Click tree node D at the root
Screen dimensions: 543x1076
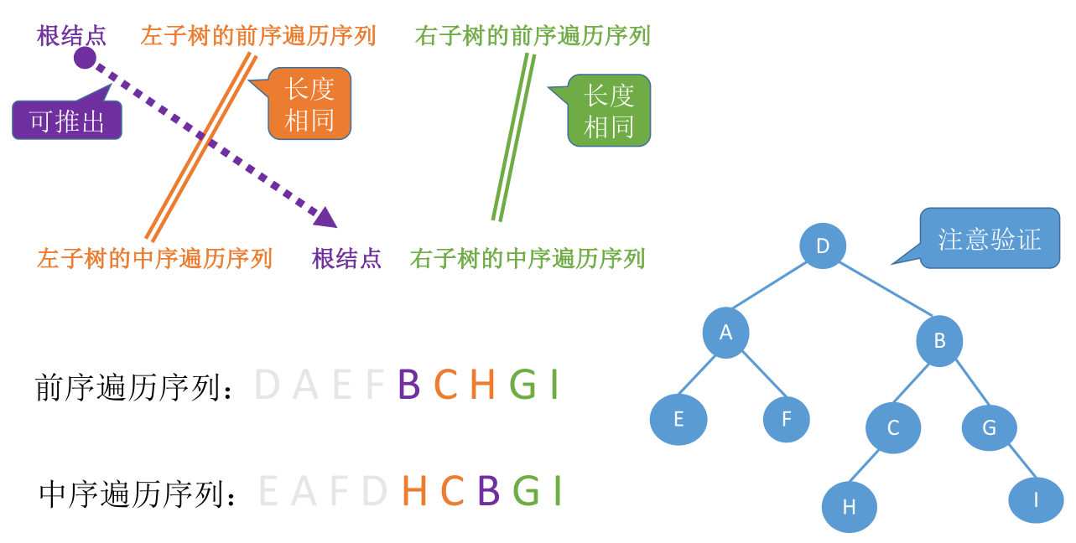(822, 246)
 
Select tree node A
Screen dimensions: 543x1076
(725, 333)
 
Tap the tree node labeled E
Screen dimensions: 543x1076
(678, 419)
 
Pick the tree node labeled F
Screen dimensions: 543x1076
(786, 419)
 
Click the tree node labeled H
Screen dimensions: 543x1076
(849, 507)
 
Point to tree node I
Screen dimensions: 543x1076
(1036, 500)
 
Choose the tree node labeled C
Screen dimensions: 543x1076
(893, 428)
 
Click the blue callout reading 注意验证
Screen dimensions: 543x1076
(990, 239)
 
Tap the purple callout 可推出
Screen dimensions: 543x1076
(67, 121)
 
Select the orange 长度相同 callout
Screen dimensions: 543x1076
(309, 104)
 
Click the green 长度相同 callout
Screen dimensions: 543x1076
(609, 111)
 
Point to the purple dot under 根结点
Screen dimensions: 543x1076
(85, 58)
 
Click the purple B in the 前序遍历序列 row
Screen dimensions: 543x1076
(408, 385)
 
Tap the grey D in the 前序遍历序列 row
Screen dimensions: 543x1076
(267, 385)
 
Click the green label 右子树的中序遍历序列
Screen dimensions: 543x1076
(528, 258)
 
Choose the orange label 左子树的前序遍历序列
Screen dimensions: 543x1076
(258, 36)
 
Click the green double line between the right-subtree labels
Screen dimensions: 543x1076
(513, 138)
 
